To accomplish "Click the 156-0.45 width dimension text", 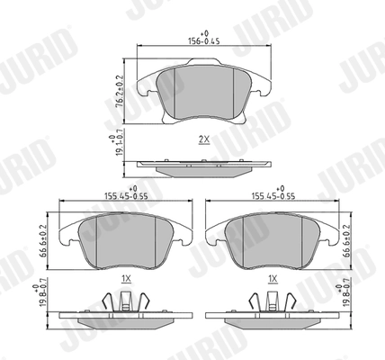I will point(202,40).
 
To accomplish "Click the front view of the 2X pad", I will point(202,90).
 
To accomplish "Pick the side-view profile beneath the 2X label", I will point(202,166).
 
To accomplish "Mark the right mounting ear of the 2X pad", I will point(262,87).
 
